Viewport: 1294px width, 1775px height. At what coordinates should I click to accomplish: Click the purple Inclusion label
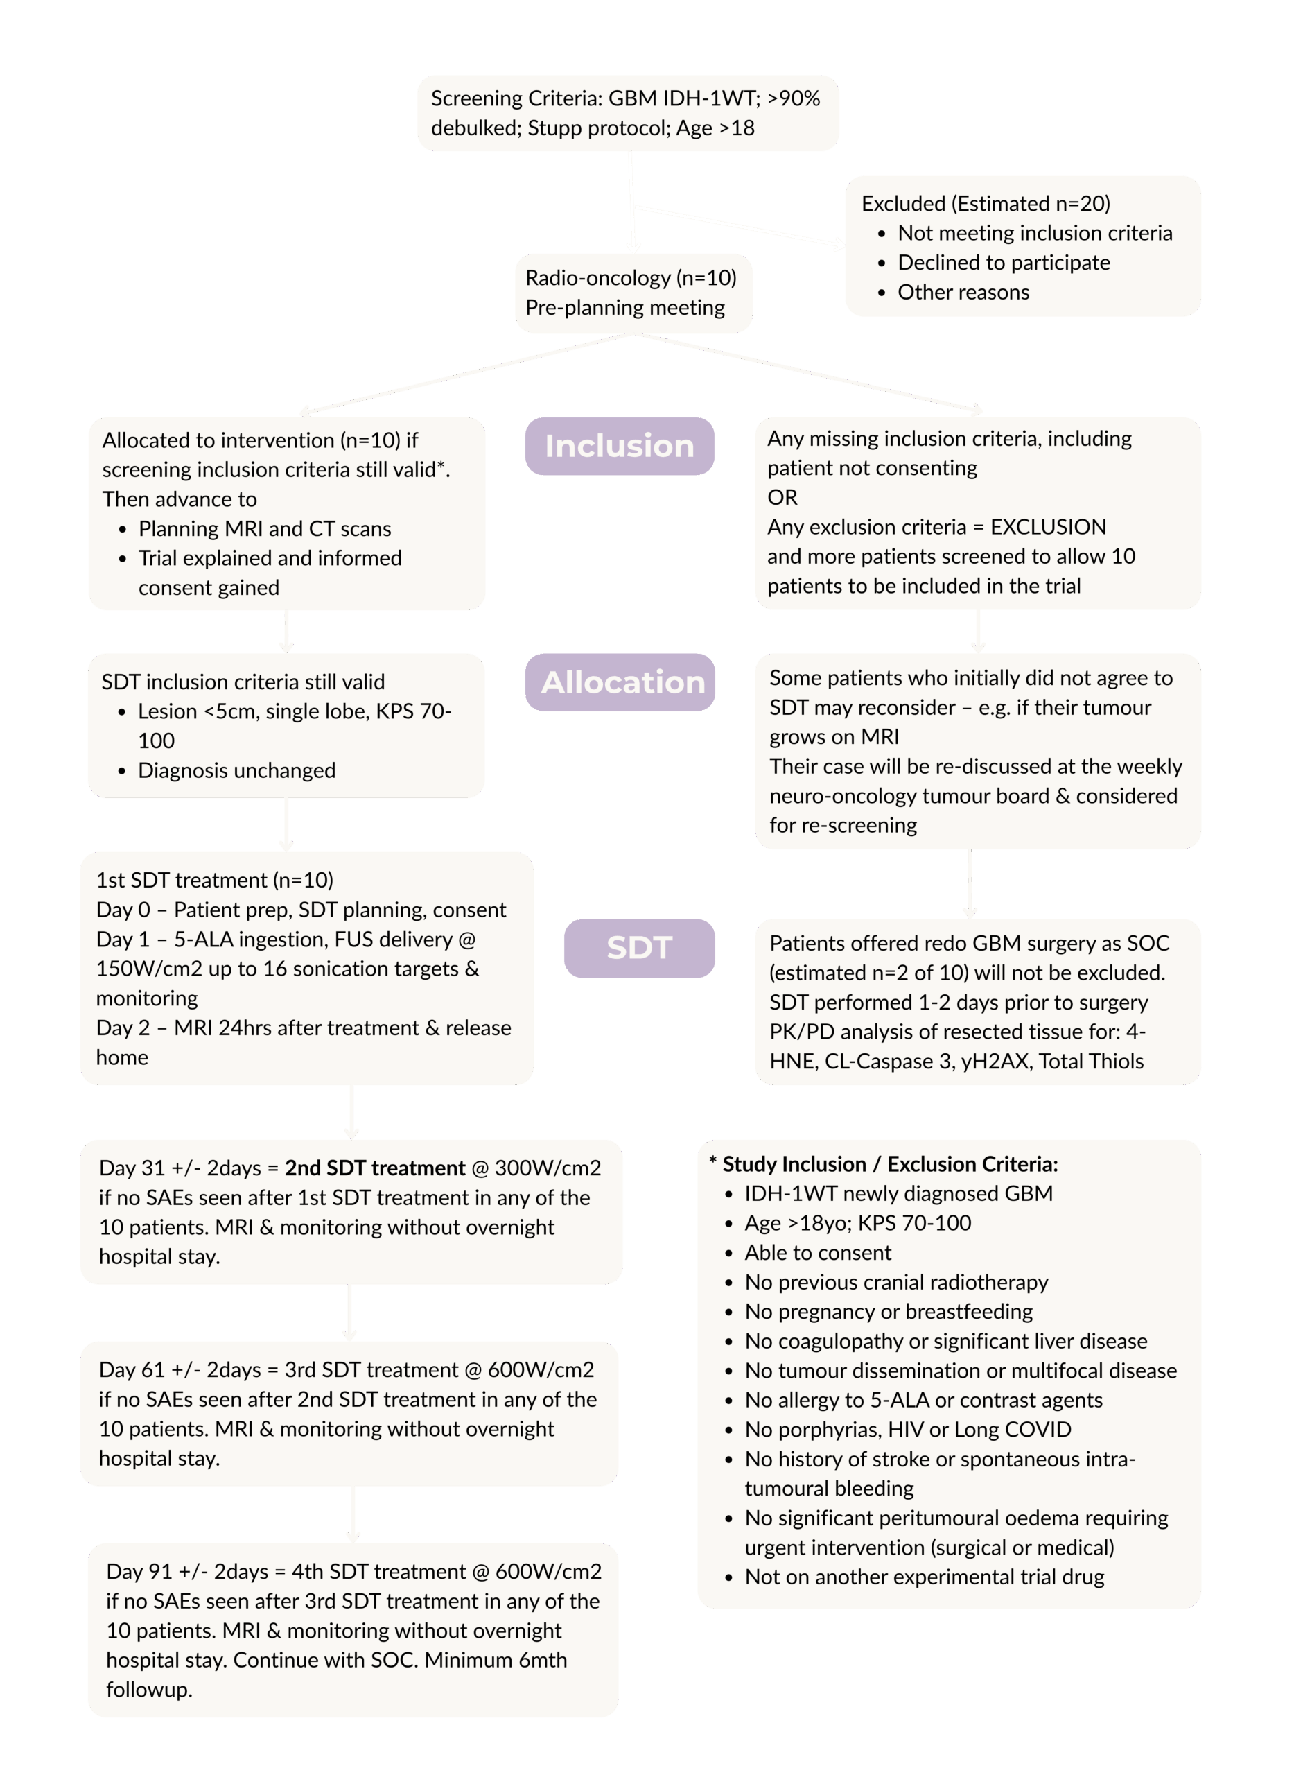[619, 446]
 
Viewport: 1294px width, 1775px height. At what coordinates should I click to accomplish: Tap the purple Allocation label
[622, 682]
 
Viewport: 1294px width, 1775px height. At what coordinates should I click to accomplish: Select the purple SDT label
[639, 947]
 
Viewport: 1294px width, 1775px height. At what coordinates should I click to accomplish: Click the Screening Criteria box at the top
[627, 113]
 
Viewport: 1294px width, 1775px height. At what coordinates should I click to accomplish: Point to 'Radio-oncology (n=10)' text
[631, 278]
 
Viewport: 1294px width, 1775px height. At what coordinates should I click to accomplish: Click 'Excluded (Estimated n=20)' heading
[986, 204]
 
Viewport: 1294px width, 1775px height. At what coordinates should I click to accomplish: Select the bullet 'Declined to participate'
[1004, 263]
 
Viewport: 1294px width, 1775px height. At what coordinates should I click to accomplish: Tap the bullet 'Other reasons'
[963, 293]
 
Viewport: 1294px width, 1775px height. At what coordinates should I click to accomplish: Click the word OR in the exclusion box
[782, 498]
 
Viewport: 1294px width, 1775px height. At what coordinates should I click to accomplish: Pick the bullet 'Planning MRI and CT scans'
[265, 529]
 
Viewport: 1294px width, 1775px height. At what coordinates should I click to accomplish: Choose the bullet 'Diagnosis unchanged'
[236, 770]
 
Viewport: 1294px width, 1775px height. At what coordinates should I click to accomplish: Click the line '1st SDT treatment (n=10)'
[215, 880]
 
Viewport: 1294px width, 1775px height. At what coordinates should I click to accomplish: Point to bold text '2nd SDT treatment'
[374, 1168]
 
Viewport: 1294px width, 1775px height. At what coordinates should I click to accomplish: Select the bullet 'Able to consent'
[818, 1252]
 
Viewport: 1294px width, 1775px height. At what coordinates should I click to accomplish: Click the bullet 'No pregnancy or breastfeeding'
[889, 1311]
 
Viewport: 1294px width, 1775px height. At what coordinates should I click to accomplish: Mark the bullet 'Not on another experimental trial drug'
[925, 1577]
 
